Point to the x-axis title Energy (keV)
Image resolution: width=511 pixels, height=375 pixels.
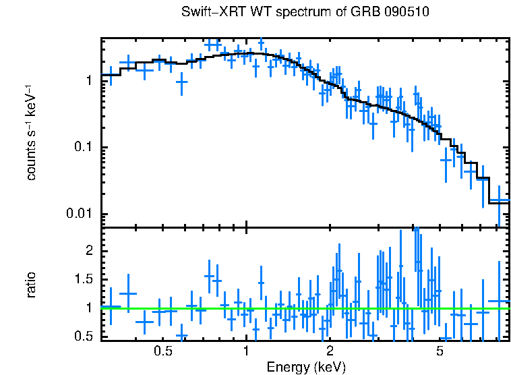306,368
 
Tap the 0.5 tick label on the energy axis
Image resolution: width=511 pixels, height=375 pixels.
163,352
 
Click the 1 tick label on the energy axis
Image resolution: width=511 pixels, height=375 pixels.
247,352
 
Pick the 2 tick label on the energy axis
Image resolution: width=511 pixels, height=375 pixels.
330,352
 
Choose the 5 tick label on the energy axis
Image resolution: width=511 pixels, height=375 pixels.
440,352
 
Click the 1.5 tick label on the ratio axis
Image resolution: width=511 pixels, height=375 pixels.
84,279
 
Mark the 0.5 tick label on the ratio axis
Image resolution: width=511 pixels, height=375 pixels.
84,336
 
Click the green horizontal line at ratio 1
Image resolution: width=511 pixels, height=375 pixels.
202,308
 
